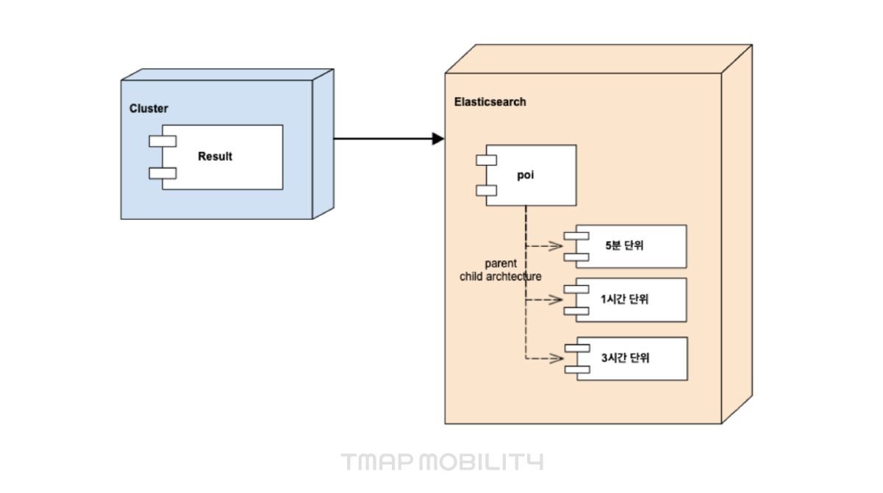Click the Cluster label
tap(149, 109)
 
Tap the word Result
tap(215, 156)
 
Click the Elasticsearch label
tap(490, 102)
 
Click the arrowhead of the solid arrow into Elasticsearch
tap(438, 139)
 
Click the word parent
tap(501, 264)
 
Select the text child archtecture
tap(501, 277)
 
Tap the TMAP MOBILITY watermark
tap(442, 462)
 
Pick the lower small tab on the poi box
tap(486, 191)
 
